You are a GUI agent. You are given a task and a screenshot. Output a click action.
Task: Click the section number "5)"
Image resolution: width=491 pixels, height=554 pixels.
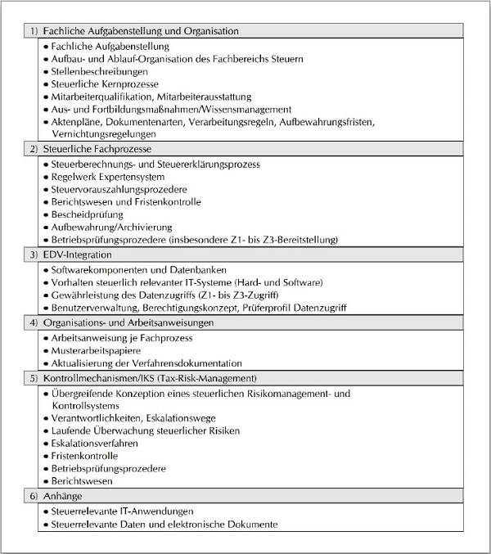(34, 379)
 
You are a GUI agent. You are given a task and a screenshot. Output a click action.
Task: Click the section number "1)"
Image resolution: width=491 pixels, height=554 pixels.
(34, 31)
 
